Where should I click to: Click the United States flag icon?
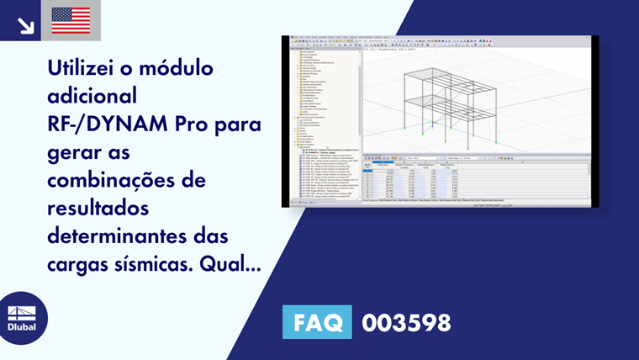(x=71, y=20)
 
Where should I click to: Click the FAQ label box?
(x=319, y=323)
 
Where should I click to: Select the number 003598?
(x=406, y=323)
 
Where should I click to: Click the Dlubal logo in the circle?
(x=23, y=318)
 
